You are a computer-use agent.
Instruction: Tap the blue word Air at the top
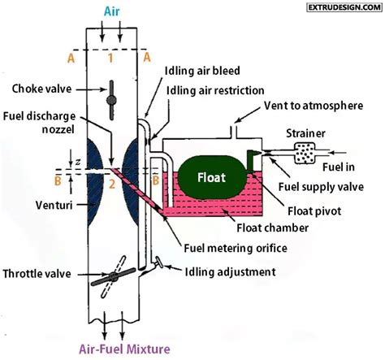tap(113, 12)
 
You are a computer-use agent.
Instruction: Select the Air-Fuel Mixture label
tap(113, 349)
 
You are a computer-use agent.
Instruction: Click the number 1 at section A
tap(112, 59)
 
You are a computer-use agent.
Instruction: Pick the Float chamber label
tap(273, 228)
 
